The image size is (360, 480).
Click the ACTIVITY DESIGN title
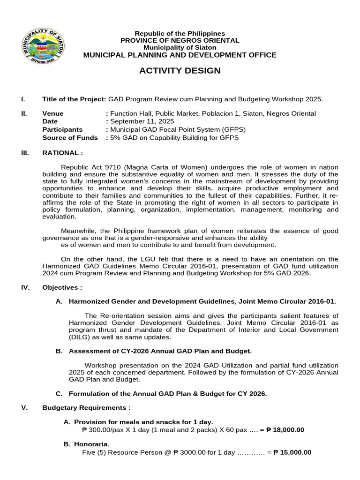(x=180, y=71)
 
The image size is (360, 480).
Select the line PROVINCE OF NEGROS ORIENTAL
(x=180, y=40)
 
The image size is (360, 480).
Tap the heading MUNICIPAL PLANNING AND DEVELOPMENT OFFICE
(x=180, y=55)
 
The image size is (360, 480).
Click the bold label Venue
(x=53, y=113)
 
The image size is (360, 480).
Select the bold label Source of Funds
(x=70, y=137)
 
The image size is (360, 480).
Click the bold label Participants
(x=62, y=129)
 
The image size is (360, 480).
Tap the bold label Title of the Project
(x=74, y=99)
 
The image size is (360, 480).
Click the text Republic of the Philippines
(x=180, y=33)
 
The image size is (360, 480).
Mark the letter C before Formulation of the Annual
(x=59, y=394)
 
